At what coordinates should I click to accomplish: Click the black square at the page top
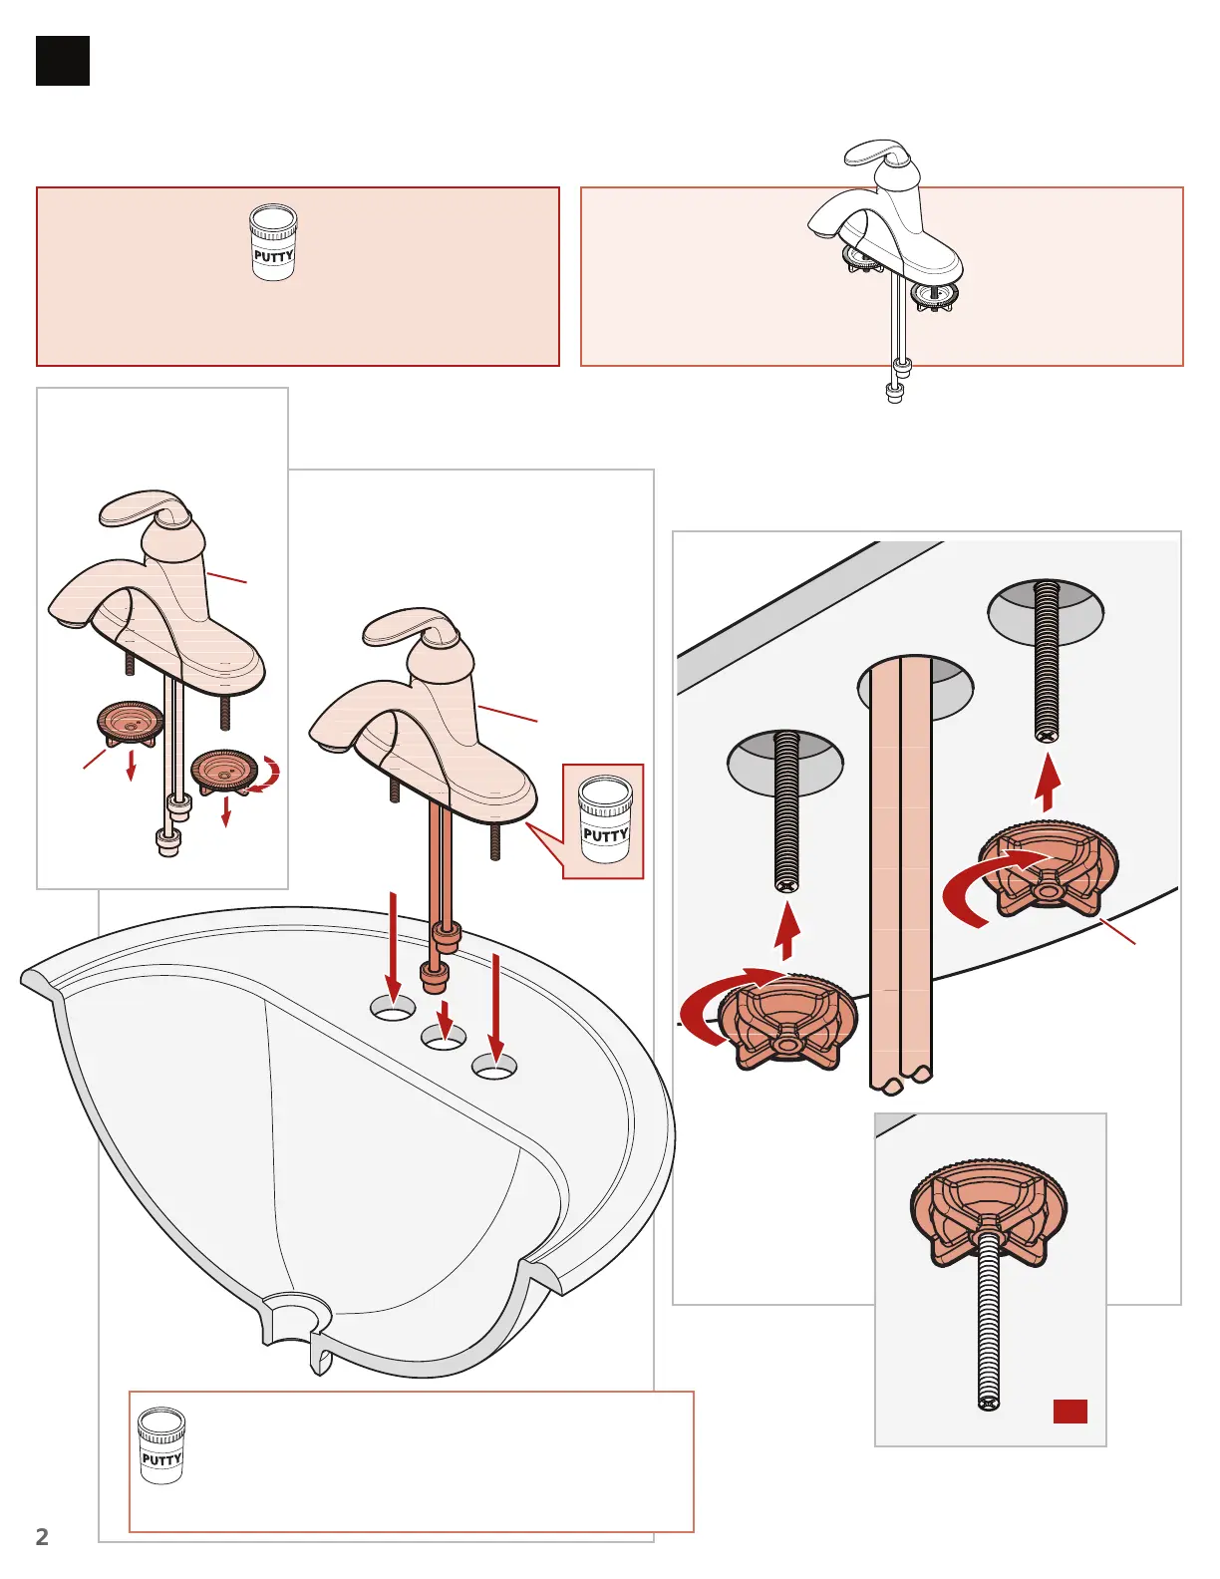pyautogui.click(x=63, y=61)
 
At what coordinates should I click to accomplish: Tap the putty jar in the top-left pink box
pyautogui.click(x=273, y=242)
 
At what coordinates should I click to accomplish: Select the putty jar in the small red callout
pyautogui.click(x=605, y=819)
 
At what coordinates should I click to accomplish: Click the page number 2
pyautogui.click(x=42, y=1536)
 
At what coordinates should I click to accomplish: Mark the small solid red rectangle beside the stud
pyautogui.click(x=1069, y=1411)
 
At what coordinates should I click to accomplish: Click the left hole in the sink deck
pyautogui.click(x=393, y=1008)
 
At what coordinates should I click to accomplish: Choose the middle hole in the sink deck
pyautogui.click(x=444, y=1039)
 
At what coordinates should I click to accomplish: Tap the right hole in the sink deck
pyautogui.click(x=494, y=1069)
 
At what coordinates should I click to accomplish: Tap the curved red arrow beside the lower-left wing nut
pyautogui.click(x=716, y=1007)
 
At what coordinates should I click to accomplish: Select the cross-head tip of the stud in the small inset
pyautogui.click(x=988, y=1403)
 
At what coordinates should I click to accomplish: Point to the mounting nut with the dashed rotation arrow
pyautogui.click(x=224, y=771)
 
